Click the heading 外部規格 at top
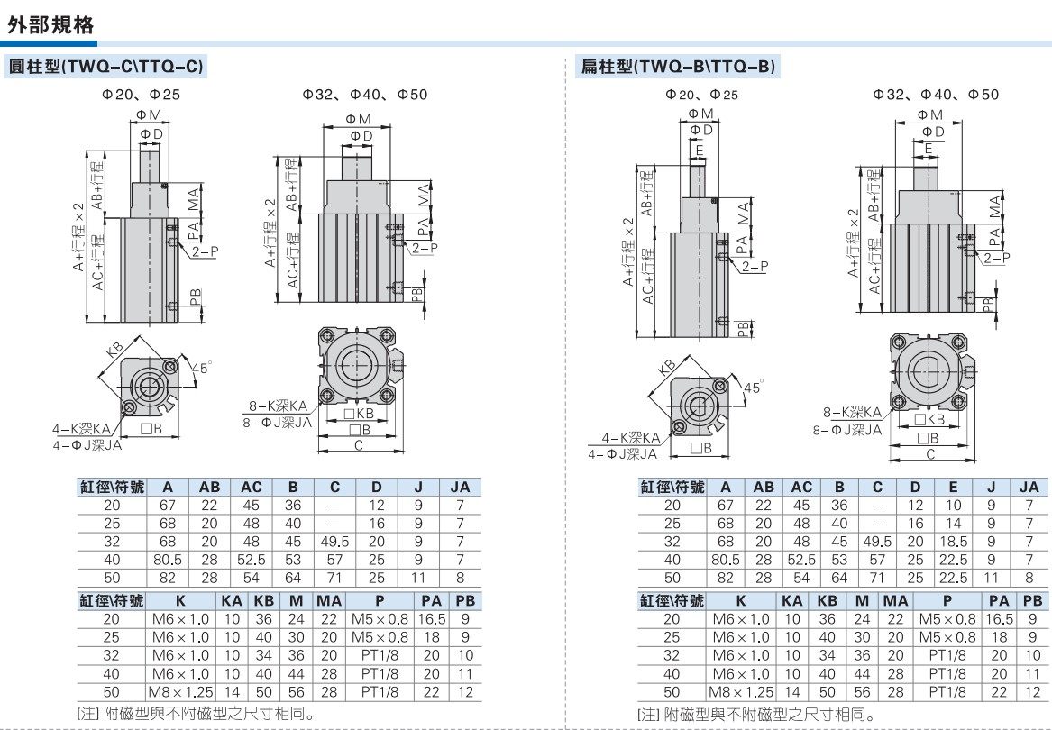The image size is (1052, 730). (x=51, y=25)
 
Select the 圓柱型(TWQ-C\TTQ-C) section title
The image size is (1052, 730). (x=105, y=67)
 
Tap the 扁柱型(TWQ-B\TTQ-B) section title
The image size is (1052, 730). (x=676, y=67)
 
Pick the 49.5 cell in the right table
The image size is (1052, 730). (x=877, y=542)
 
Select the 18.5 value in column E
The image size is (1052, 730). (x=954, y=542)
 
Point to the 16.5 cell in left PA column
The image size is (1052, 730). (x=432, y=619)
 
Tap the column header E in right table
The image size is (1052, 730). (x=954, y=488)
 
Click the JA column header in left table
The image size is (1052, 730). (x=460, y=488)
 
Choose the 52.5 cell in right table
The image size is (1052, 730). (x=801, y=560)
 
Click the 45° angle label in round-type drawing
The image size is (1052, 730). (x=201, y=368)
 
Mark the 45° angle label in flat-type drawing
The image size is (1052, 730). (x=751, y=387)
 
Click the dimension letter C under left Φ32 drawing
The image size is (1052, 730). (x=358, y=445)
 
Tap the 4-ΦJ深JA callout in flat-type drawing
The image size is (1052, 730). (x=625, y=453)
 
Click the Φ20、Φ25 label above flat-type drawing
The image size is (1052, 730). (x=701, y=95)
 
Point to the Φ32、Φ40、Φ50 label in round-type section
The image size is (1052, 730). (x=364, y=95)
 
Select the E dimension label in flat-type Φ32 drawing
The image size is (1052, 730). (x=928, y=148)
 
